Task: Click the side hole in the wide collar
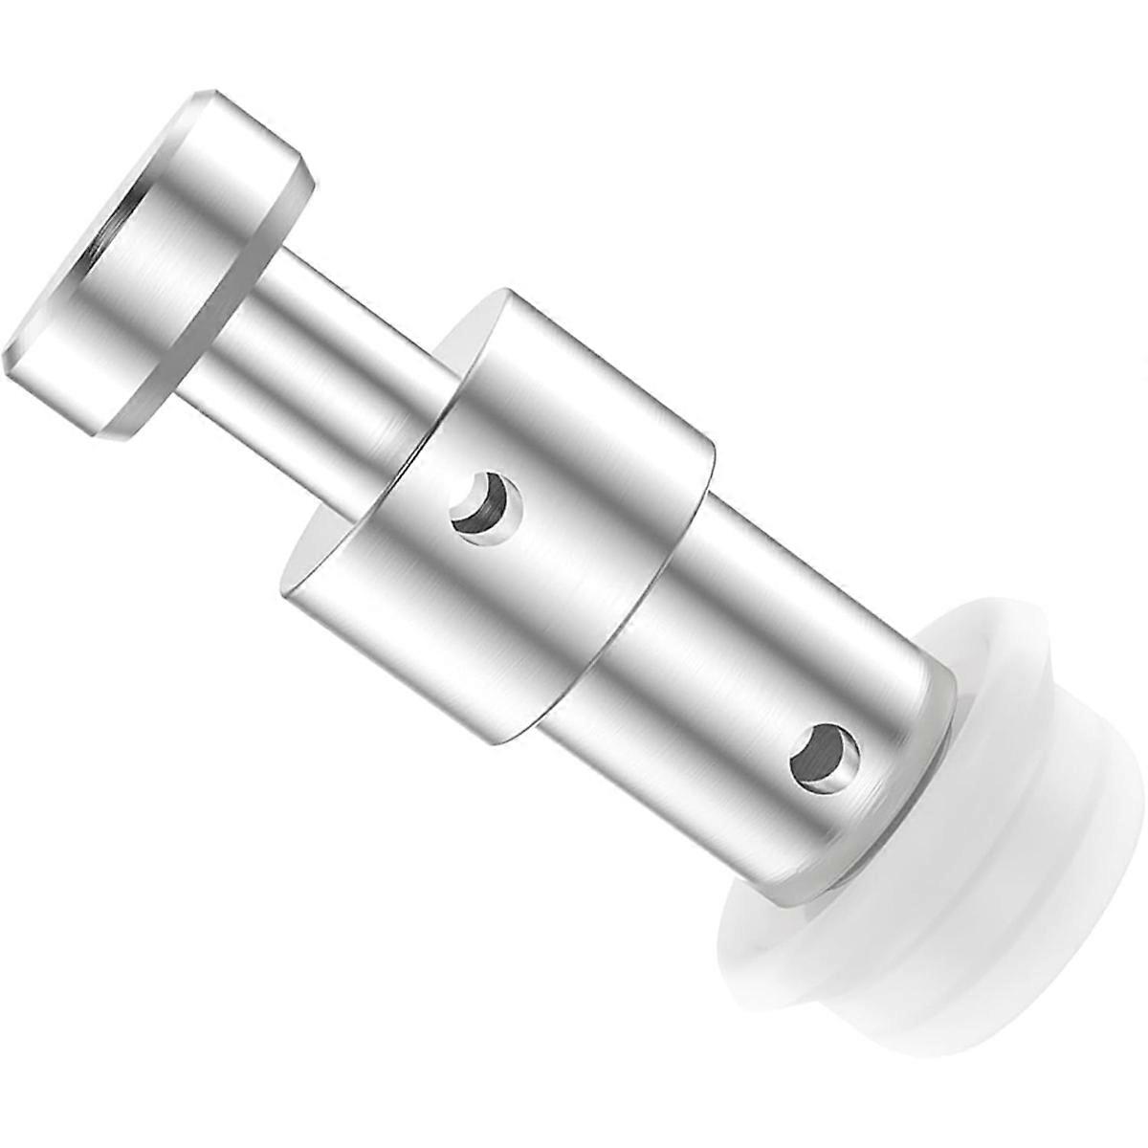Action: pyautogui.click(x=486, y=506)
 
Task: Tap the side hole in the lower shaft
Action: pyautogui.click(x=824, y=757)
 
